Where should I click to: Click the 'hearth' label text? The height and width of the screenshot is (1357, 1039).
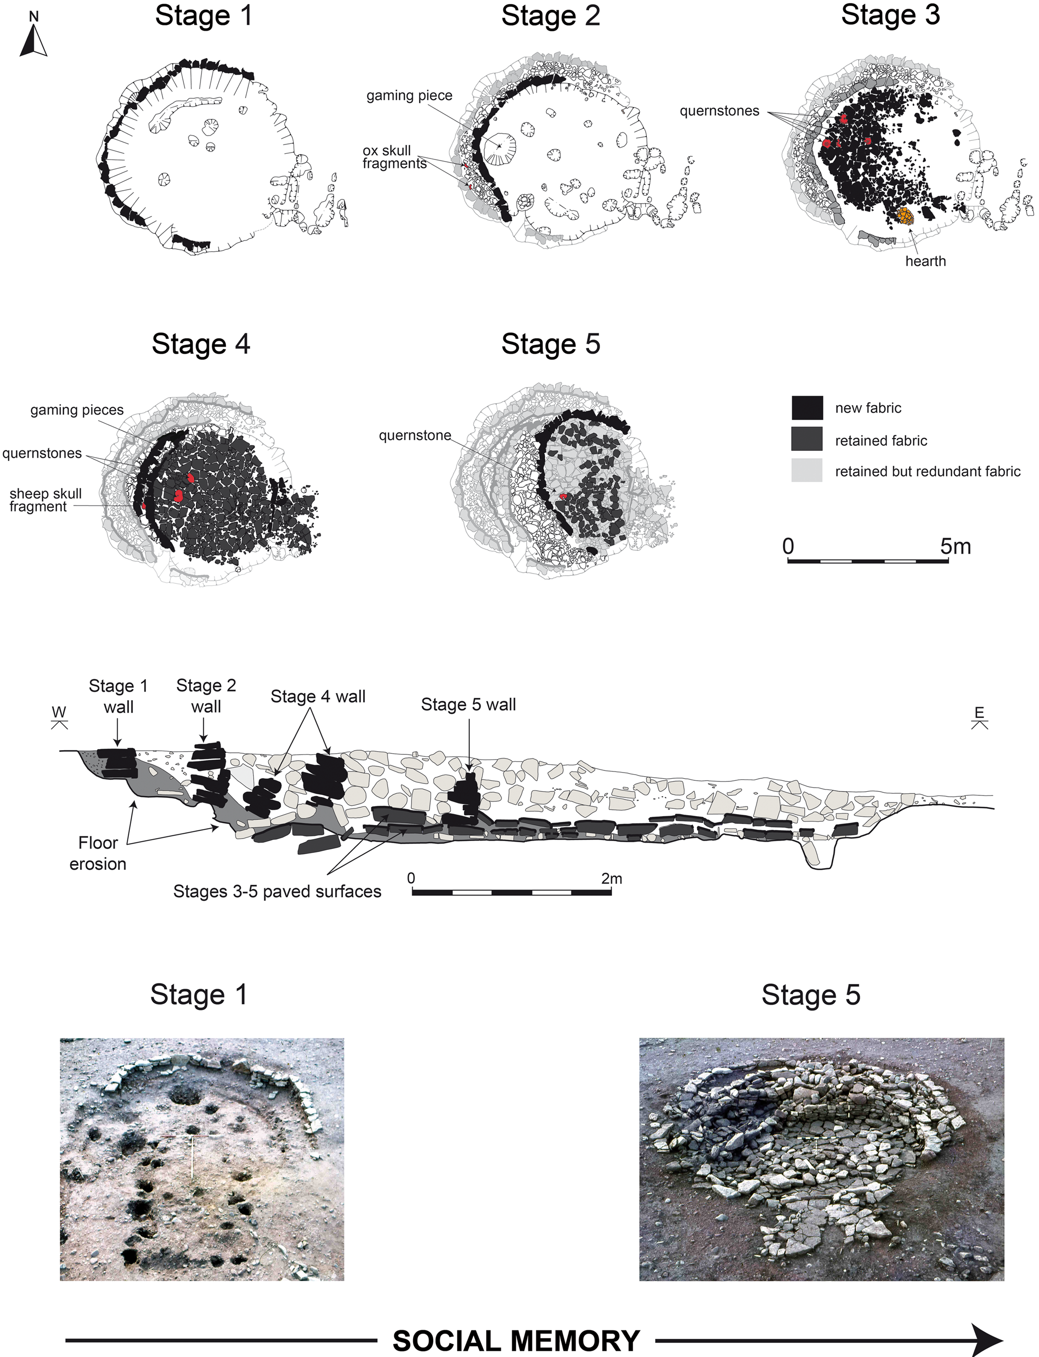tap(925, 261)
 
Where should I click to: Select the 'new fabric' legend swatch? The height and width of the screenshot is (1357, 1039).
tap(807, 408)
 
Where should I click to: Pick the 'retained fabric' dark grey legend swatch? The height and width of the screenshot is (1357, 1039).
tap(807, 438)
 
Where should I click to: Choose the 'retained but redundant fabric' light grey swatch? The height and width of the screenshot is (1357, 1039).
tap(807, 470)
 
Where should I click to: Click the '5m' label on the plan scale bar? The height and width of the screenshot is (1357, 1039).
tap(955, 546)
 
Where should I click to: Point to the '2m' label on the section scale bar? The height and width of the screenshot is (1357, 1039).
tap(611, 879)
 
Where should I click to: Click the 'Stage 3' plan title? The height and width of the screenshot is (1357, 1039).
tap(890, 15)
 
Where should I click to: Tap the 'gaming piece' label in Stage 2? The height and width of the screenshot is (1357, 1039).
tap(409, 96)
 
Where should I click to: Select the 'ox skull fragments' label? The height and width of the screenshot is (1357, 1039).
tap(395, 157)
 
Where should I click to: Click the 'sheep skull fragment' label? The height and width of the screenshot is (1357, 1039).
tap(45, 500)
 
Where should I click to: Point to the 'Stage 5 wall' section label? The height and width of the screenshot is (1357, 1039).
tap(468, 704)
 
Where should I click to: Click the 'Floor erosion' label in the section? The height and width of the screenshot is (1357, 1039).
tap(98, 854)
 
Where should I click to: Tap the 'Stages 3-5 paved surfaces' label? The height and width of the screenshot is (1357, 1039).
tap(277, 892)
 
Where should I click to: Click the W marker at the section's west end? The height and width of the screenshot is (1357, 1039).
tap(59, 717)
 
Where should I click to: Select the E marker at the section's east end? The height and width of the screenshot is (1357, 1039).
tap(979, 717)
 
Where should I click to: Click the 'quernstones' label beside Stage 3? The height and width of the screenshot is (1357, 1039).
tap(720, 111)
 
